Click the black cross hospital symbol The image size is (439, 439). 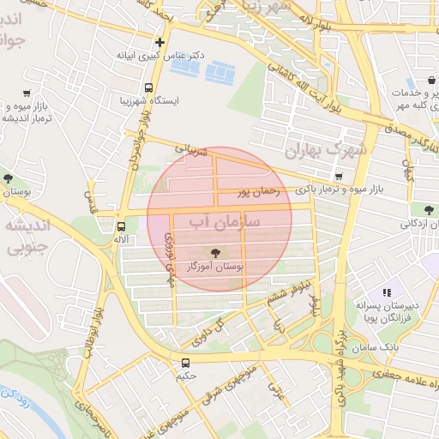coord(159,42)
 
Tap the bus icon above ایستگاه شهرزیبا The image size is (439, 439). coord(149,87)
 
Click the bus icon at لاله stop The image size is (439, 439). coord(120,226)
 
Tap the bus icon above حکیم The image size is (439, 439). coord(186,363)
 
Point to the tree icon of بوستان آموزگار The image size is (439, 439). coord(214,253)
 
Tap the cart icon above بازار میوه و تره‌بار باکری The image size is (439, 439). coord(340,177)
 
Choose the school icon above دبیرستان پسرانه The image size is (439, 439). coord(387,292)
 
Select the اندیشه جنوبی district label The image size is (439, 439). coord(27,238)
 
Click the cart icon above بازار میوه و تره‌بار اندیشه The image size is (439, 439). coord(27,93)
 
